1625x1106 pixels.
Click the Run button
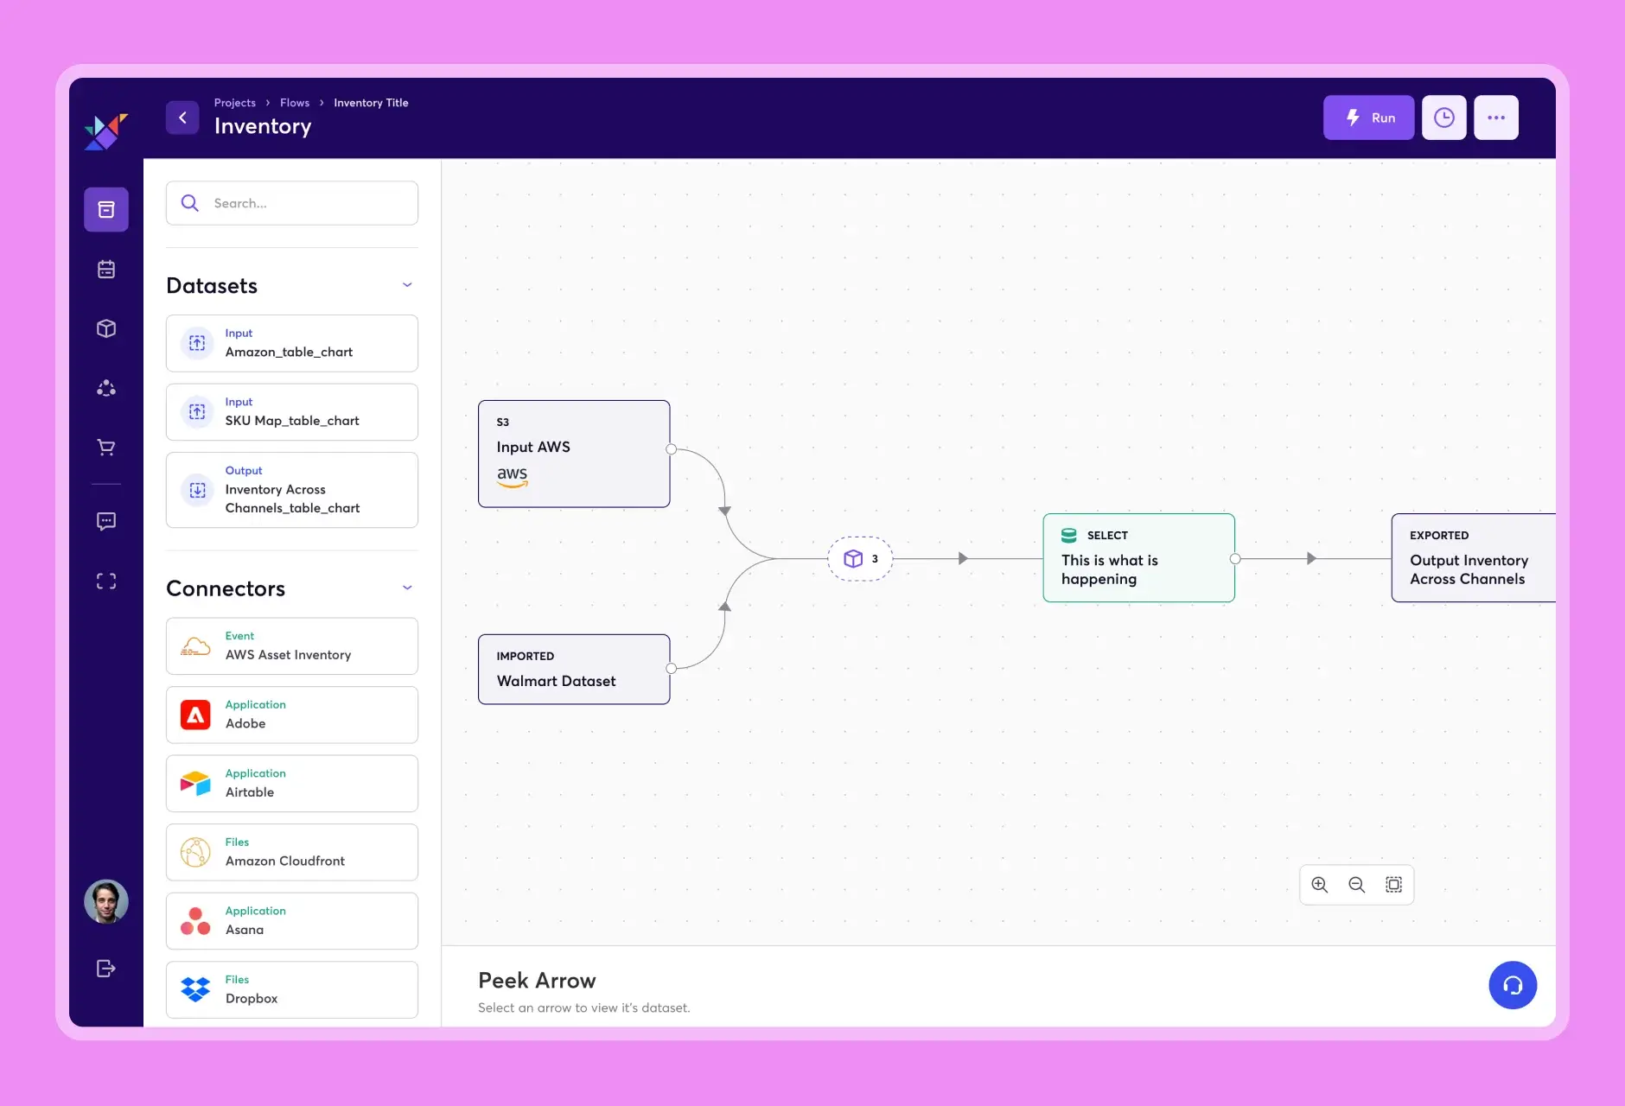1368,118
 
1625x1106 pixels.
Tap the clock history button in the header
1443,118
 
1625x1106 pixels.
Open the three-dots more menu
1496,118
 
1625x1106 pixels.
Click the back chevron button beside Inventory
182,118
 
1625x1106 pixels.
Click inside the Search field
303,203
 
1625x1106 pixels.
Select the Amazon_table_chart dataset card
292,344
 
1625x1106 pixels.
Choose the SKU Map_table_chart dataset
292,412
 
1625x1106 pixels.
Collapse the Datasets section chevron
407,285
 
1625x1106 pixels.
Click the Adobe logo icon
195,715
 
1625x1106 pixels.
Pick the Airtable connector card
292,784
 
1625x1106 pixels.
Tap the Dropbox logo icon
195,989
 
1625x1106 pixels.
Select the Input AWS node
574,454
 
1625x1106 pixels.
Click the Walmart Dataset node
574,670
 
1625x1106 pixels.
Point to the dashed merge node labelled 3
860,559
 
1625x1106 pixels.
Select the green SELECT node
1138,558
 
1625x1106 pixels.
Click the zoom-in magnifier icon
1320,885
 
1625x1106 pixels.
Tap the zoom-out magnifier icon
1357,885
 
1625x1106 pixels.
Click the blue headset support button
1513,985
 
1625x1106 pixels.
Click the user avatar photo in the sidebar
106,902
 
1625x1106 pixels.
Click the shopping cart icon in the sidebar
106,448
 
